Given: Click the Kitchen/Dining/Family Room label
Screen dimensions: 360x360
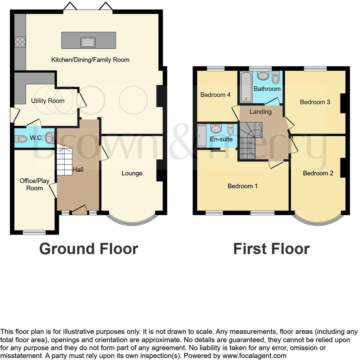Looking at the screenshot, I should coord(90,60).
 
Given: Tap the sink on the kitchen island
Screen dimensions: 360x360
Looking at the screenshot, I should coord(88,42).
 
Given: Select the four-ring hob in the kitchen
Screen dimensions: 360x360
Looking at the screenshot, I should coord(20,42).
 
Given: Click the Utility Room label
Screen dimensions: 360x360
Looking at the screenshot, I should coord(48,101).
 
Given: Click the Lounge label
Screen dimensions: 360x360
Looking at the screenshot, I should coord(132,173).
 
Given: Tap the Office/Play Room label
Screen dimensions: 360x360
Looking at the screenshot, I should coord(34,184).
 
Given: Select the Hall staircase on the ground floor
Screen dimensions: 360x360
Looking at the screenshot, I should coord(65,160).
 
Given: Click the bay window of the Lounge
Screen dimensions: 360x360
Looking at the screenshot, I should coord(132,222).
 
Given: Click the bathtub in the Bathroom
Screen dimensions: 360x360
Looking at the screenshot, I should coord(246,87).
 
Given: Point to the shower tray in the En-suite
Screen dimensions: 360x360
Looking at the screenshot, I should coord(202,136).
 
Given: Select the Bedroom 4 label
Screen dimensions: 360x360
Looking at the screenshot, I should coord(215,95).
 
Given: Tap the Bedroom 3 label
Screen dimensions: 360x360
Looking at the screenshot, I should coord(315,102).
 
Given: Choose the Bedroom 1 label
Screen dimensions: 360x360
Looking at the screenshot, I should coord(242,186).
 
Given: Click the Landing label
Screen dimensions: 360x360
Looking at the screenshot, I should coord(260,112).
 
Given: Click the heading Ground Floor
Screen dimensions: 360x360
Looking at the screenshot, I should coord(88,249).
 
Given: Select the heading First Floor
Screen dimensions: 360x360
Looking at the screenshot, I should coord(271,249).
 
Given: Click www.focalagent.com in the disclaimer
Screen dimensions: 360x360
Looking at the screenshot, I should coord(254,356).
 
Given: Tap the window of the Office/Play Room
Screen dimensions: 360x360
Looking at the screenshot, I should coord(34,232).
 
